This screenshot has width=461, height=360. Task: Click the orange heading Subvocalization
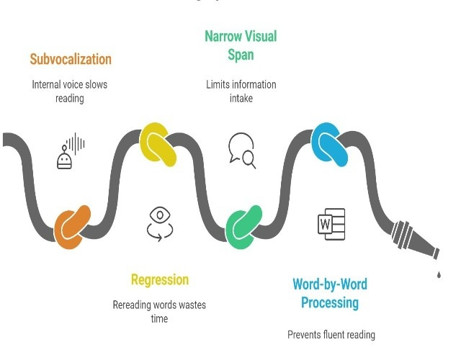pyautogui.click(x=71, y=59)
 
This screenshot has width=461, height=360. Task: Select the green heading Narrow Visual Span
pyautogui.click(x=241, y=45)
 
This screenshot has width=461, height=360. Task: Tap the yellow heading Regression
pyautogui.click(x=159, y=280)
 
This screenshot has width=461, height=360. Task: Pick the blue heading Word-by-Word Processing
pyautogui.click(x=330, y=293)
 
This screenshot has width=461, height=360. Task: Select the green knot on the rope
pyautogui.click(x=245, y=226)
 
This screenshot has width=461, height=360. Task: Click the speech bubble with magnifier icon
pyautogui.click(x=242, y=150)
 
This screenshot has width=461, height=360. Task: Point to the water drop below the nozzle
pyautogui.click(x=438, y=274)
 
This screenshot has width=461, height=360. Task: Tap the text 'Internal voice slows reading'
pyautogui.click(x=70, y=91)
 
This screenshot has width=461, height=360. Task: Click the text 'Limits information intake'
pyautogui.click(x=241, y=91)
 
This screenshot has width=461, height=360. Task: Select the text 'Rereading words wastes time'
pyautogui.click(x=159, y=312)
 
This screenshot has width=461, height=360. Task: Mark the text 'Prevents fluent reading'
pyautogui.click(x=331, y=335)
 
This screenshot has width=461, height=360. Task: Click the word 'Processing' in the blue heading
pyautogui.click(x=330, y=302)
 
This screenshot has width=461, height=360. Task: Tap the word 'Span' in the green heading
pyautogui.click(x=241, y=55)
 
